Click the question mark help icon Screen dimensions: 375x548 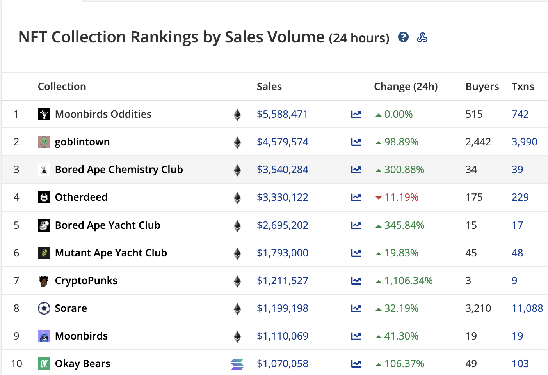(x=403, y=37)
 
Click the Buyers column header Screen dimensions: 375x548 (x=482, y=87)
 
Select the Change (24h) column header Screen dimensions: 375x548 (x=406, y=87)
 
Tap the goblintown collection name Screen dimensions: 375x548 (x=82, y=142)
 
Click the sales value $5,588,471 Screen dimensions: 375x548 (x=282, y=114)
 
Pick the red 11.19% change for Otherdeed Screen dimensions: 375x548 (x=401, y=197)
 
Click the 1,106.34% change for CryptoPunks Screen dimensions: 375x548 (x=408, y=281)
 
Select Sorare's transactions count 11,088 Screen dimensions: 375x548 (x=527, y=308)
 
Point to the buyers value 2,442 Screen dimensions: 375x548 (x=478, y=142)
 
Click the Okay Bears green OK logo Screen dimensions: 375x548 (x=44, y=364)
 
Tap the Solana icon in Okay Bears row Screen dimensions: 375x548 (x=237, y=364)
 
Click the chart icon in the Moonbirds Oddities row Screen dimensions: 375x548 (x=356, y=114)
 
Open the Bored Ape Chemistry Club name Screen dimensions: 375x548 (x=119, y=170)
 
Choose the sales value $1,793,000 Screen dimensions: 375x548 (x=282, y=253)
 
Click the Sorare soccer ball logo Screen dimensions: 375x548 (x=44, y=308)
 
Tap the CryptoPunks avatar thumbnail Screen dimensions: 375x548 (x=44, y=281)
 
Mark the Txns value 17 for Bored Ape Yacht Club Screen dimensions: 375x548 (x=517, y=225)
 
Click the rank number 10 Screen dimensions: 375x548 (x=16, y=364)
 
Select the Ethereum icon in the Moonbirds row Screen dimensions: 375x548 (x=237, y=336)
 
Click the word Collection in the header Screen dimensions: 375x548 (x=62, y=87)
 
